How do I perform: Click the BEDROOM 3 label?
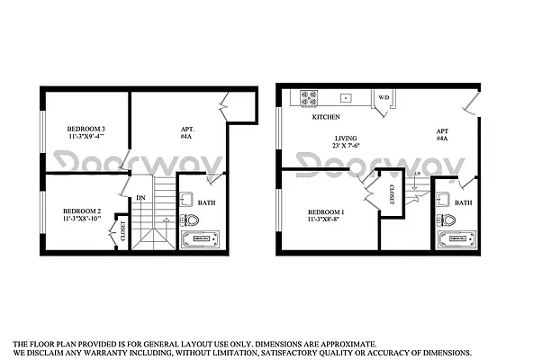pos(86,129)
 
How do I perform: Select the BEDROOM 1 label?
pos(326,211)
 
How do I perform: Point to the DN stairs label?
pos(140,197)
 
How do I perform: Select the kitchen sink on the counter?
pos(346,96)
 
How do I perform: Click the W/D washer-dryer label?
pos(383,97)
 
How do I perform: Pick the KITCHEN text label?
pos(326,118)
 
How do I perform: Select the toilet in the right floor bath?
pos(447,220)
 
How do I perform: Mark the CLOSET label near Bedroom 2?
pos(123,232)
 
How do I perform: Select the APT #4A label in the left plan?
pos(187,133)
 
